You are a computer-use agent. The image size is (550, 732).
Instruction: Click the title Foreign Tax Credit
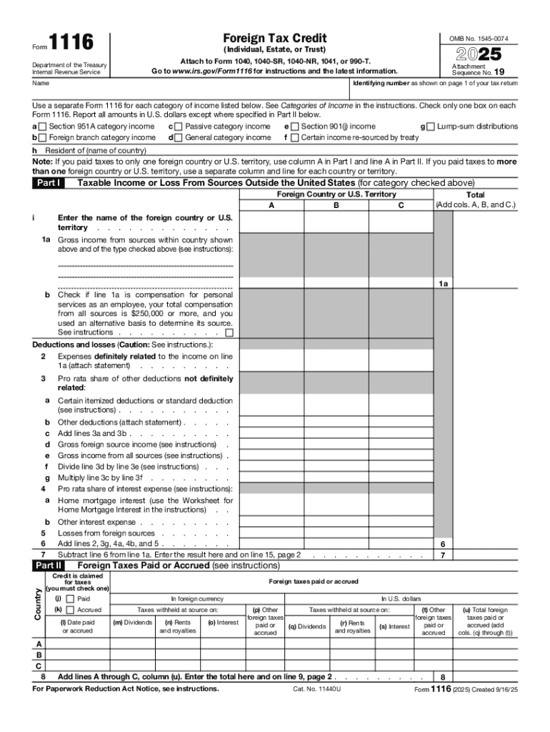coord(275,37)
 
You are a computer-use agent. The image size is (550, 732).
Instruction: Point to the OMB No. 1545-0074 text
coord(479,38)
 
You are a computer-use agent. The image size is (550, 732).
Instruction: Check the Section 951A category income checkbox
coord(44,127)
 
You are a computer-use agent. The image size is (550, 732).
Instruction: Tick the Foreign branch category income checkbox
coord(44,137)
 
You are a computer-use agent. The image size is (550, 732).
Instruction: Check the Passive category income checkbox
coord(179,127)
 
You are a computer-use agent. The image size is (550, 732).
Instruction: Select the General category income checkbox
coord(179,137)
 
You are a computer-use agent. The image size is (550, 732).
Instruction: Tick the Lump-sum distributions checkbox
coord(431,127)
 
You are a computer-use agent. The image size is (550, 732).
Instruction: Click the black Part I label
coord(49,183)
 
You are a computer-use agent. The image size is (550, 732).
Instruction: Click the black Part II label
coord(49,565)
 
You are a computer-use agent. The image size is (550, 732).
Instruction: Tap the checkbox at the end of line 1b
coord(229,332)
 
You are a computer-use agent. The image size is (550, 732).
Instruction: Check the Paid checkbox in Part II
coord(70,598)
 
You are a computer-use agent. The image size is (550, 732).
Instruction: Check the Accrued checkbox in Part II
coord(70,610)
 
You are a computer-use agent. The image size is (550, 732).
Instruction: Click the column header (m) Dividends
coord(133,623)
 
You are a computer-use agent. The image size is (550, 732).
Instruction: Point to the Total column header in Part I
coord(475,194)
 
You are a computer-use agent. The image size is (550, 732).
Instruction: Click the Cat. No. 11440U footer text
coord(317,689)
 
